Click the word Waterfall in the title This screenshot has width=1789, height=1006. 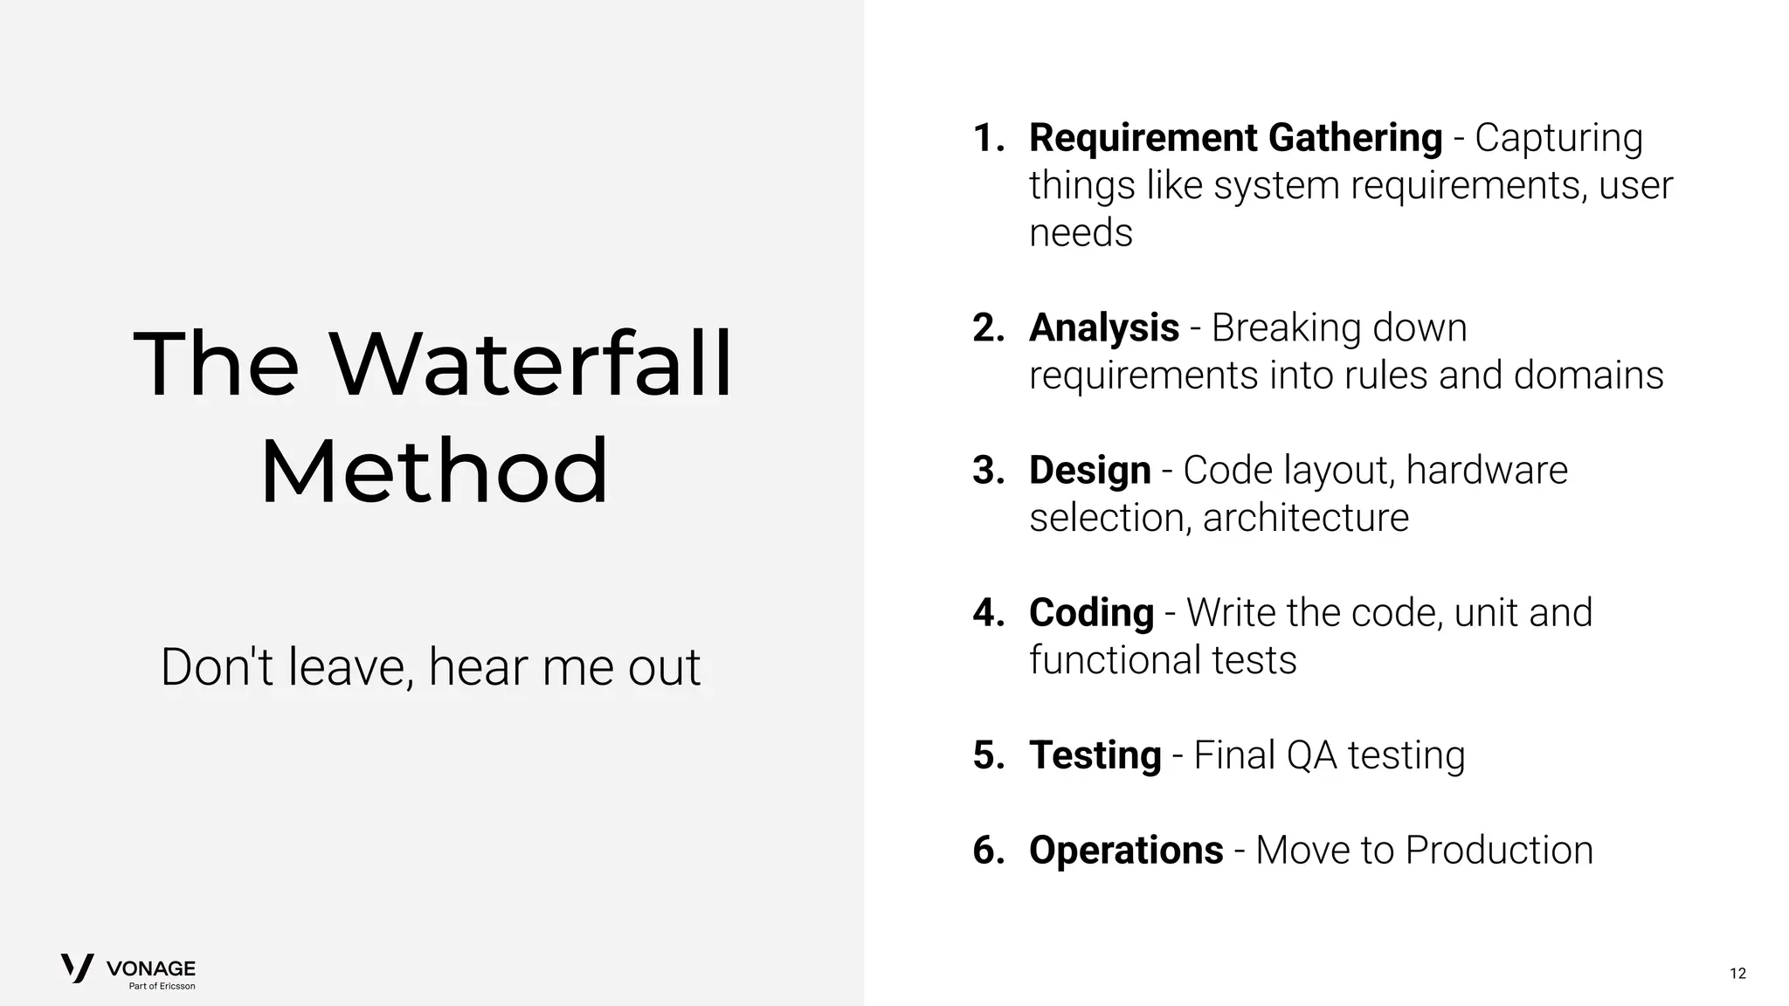pyautogui.click(x=530, y=364)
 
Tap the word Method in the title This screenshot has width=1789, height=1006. pyautogui.click(x=433, y=472)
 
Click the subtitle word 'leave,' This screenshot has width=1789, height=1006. pyautogui.click(x=350, y=667)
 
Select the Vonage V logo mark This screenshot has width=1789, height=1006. pyautogui.click(x=77, y=968)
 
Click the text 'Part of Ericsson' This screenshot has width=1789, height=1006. pyautogui.click(x=162, y=986)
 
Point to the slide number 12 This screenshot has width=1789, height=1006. pyautogui.click(x=1737, y=973)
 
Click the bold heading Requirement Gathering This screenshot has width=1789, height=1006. pyautogui.click(x=1235, y=138)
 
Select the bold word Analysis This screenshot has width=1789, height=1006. pyautogui.click(x=1104, y=328)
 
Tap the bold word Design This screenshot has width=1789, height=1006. pyautogui.click(x=1089, y=471)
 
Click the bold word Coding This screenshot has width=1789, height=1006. pyautogui.click(x=1091, y=613)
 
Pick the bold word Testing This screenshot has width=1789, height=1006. pyautogui.click(x=1095, y=755)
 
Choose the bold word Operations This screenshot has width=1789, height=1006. pyautogui.click(x=1126, y=851)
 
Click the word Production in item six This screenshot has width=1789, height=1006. pyautogui.click(x=1499, y=851)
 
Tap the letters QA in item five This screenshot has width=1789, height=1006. pyautogui.click(x=1311, y=755)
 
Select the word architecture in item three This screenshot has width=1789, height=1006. pyautogui.click(x=1305, y=518)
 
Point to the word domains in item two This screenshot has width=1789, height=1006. pyautogui.click(x=1587, y=376)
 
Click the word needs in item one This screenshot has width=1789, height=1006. pyautogui.click(x=1081, y=233)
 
